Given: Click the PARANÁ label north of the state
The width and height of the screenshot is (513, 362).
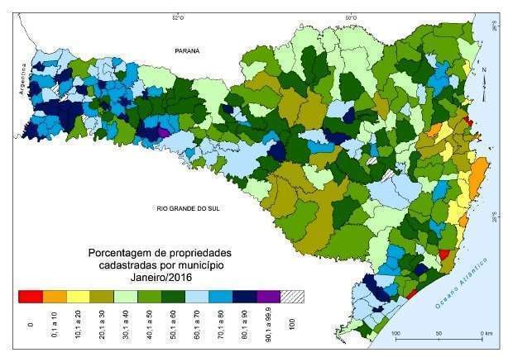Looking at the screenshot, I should [x=187, y=51].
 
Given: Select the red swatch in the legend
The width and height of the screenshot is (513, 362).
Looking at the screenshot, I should [x=30, y=294].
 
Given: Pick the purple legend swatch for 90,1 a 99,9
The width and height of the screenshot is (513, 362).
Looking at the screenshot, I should [x=267, y=294].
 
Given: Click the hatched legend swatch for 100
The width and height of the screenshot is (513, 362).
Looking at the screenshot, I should [x=291, y=294].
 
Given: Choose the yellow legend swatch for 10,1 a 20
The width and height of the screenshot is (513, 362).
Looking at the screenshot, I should [x=77, y=294].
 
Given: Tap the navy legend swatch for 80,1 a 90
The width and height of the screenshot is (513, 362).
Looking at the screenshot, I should [x=244, y=294].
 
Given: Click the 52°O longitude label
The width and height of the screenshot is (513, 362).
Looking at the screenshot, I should [x=176, y=16].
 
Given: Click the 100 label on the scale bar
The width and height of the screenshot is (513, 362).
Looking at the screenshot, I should [x=396, y=333].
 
